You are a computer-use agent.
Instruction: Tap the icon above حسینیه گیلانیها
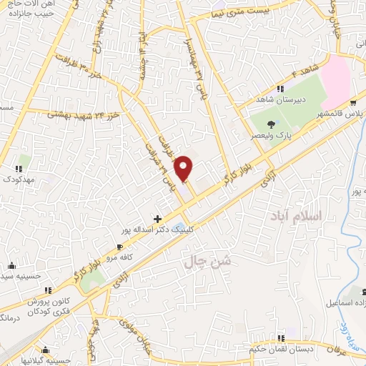46,350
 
